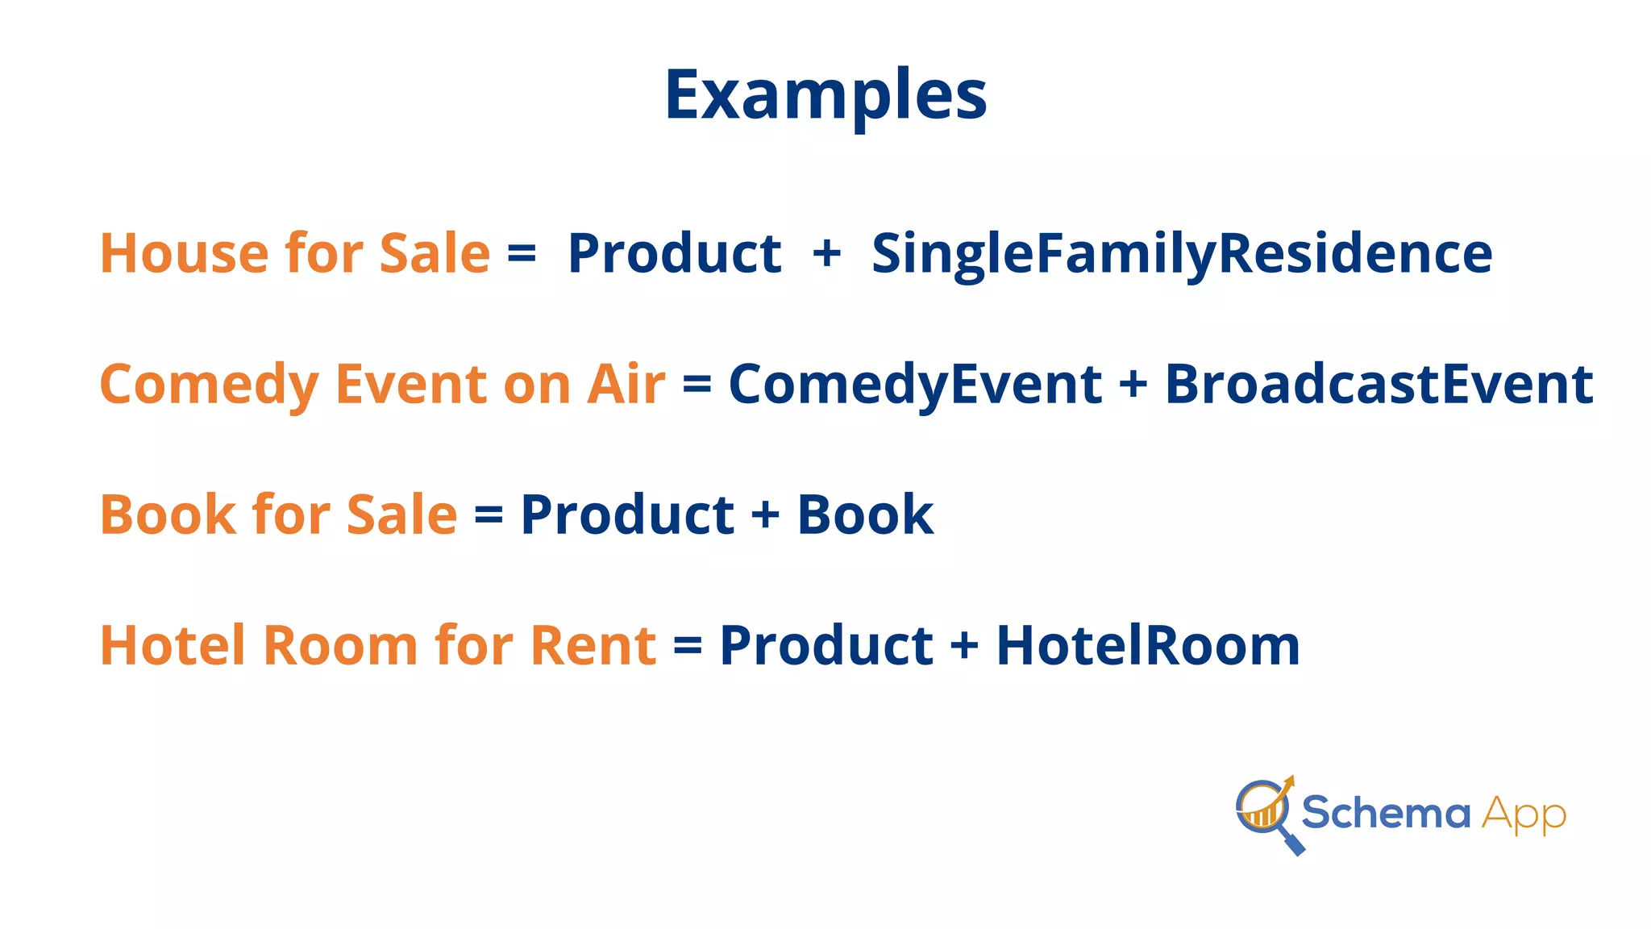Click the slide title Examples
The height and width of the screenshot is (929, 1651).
pyautogui.click(x=825, y=95)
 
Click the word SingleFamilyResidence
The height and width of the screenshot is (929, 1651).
pyautogui.click(x=1182, y=254)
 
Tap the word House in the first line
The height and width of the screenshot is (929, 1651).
pyautogui.click(x=184, y=254)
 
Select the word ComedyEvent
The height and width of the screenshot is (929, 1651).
pyautogui.click(x=915, y=385)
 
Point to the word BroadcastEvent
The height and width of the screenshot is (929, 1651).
pyautogui.click(x=1379, y=385)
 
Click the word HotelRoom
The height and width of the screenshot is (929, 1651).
pyautogui.click(x=1148, y=646)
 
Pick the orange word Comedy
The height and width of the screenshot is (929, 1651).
pyautogui.click(x=209, y=385)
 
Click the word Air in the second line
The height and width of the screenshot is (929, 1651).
pyautogui.click(x=626, y=385)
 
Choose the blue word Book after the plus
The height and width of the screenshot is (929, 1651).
pyautogui.click(x=865, y=515)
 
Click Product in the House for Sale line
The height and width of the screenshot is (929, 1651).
pyautogui.click(x=674, y=254)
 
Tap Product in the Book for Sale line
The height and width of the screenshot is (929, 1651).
pyautogui.click(x=627, y=515)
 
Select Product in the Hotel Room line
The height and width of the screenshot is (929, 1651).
pyautogui.click(x=826, y=646)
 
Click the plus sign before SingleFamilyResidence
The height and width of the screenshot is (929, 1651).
pyautogui.click(x=827, y=254)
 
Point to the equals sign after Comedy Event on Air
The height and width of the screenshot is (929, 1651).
pyautogui.click(x=697, y=385)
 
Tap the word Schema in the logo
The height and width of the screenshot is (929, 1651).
pyautogui.click(x=1386, y=812)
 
